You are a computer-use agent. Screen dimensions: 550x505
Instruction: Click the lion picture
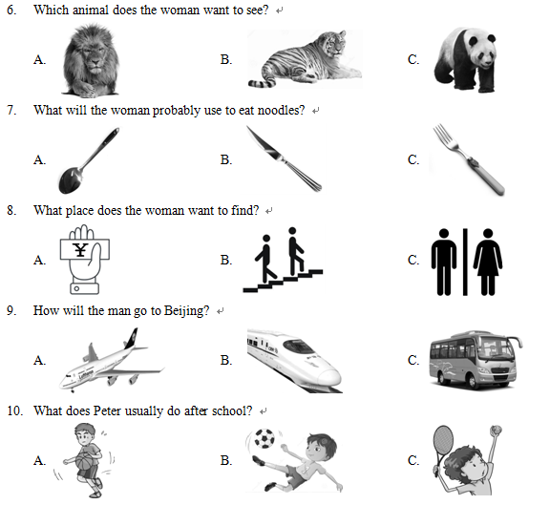pyautogui.click(x=91, y=60)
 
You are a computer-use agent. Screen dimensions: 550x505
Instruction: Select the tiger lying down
pyautogui.click(x=305, y=59)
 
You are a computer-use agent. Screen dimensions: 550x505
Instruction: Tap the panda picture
pyautogui.click(x=465, y=59)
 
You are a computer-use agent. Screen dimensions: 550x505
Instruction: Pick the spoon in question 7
pyautogui.click(x=89, y=160)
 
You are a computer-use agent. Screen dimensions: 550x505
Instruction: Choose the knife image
pyautogui.click(x=284, y=158)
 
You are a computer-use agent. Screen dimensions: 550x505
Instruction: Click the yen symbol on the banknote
pyautogui.click(x=80, y=250)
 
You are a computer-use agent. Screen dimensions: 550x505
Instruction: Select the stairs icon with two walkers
pyautogui.click(x=283, y=260)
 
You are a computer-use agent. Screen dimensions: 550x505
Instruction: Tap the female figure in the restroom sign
pyautogui.click(x=488, y=262)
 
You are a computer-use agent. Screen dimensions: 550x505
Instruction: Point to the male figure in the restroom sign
pyautogui.click(x=444, y=262)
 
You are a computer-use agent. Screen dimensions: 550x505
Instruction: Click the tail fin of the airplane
pyautogui.click(x=131, y=339)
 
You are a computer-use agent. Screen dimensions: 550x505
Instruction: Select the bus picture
pyautogui.click(x=476, y=359)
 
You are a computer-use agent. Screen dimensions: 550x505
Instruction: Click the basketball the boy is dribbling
pyautogui.click(x=84, y=460)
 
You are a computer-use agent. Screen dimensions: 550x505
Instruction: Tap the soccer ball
pyautogui.click(x=264, y=438)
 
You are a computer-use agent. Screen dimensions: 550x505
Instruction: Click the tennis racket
pyautogui.click(x=443, y=447)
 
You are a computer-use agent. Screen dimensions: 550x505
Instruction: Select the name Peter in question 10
pyautogui.click(x=107, y=410)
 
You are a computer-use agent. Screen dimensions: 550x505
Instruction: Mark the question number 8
pyautogui.click(x=11, y=210)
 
